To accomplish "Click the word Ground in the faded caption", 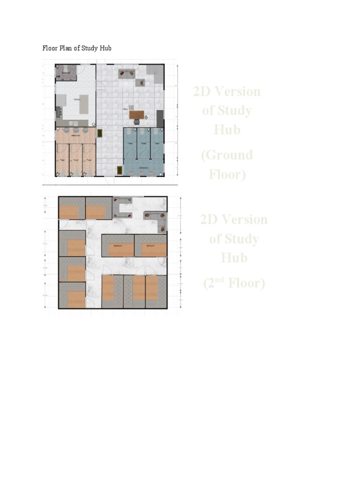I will (x=226, y=155).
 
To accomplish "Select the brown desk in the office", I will (x=136, y=114).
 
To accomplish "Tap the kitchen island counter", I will (x=83, y=104).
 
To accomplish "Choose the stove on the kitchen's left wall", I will (x=59, y=112).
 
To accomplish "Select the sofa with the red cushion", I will (x=126, y=73).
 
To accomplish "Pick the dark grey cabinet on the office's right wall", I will (x=160, y=118).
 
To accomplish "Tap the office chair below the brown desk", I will (x=136, y=121).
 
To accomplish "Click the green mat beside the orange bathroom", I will (x=99, y=133).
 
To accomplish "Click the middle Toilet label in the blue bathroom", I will (x=143, y=143).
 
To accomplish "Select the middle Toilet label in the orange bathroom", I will (x=75, y=159).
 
